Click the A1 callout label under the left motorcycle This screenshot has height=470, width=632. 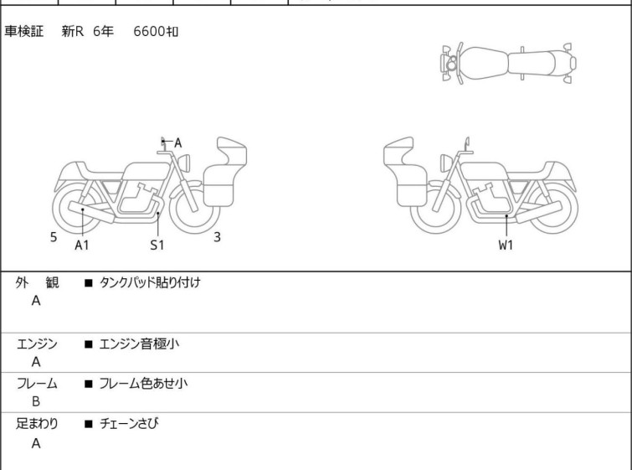(x=82, y=245)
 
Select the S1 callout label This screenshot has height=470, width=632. (x=157, y=245)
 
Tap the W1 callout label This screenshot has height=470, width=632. (x=506, y=245)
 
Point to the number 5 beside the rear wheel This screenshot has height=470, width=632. (x=54, y=237)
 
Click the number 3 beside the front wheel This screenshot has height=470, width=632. (x=218, y=237)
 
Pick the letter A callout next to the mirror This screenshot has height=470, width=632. (x=177, y=142)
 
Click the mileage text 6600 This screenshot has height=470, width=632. (x=149, y=31)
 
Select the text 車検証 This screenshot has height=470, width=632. (x=23, y=31)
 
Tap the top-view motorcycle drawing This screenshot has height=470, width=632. (x=508, y=63)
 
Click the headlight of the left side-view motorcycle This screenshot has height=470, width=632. (x=184, y=163)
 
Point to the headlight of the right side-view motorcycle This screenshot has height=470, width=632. (x=446, y=163)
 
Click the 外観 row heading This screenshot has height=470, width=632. (x=37, y=282)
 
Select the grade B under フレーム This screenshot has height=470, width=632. (x=36, y=402)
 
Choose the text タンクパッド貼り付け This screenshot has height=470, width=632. (x=150, y=282)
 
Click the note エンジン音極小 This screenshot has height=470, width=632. (x=139, y=343)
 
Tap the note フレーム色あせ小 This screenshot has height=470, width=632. (x=143, y=383)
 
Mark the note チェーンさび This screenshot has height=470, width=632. (x=129, y=423)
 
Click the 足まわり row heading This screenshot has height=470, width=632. (x=37, y=423)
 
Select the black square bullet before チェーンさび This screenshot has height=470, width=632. (x=88, y=424)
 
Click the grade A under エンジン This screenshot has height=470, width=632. (x=36, y=362)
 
